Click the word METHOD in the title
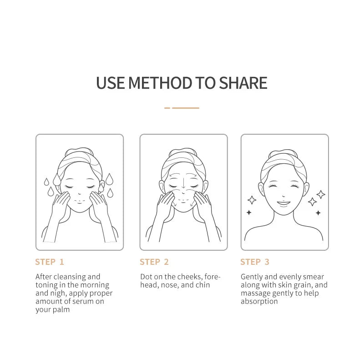tap(160, 83)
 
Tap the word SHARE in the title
tap(243, 83)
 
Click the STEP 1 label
tap(50, 262)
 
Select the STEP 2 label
tap(154, 262)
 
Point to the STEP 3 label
tap(255, 262)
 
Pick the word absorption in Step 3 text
tap(259, 302)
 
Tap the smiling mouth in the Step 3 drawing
tap(283, 203)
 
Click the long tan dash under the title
tap(186, 108)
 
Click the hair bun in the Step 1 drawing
tap(79, 151)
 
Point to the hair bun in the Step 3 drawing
tap(283, 154)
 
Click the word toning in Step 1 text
tap(46, 285)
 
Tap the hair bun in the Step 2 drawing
tap(183, 152)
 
